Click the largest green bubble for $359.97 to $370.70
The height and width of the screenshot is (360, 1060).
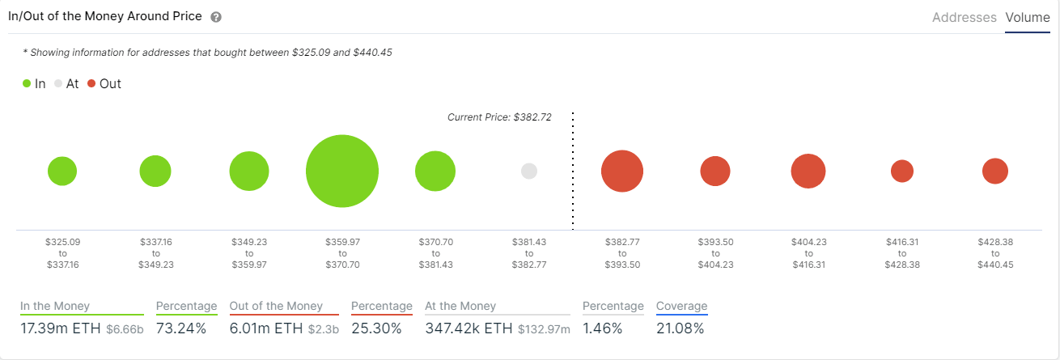(x=342, y=172)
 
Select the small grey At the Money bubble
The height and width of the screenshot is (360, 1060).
(x=529, y=172)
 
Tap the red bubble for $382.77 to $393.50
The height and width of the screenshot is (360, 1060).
(x=622, y=172)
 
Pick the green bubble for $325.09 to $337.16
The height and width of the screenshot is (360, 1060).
(x=62, y=172)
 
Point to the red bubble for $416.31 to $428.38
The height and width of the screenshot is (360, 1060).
(x=902, y=172)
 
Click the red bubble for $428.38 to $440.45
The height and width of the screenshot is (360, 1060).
(x=995, y=172)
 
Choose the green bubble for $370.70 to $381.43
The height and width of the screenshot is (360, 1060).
(x=435, y=172)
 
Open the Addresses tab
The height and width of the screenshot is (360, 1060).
(x=965, y=17)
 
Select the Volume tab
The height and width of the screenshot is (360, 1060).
(x=1028, y=17)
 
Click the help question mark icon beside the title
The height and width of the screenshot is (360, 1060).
(x=216, y=17)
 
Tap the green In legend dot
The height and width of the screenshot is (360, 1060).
(x=27, y=83)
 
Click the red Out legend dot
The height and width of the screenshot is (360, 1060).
(x=91, y=83)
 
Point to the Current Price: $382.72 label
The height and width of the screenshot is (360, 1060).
(x=499, y=117)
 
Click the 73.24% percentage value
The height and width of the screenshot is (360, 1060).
(x=181, y=328)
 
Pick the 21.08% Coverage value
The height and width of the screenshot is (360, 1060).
(x=681, y=328)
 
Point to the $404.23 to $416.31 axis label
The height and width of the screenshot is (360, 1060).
(x=808, y=253)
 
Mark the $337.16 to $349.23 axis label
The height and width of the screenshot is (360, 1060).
(x=155, y=253)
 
